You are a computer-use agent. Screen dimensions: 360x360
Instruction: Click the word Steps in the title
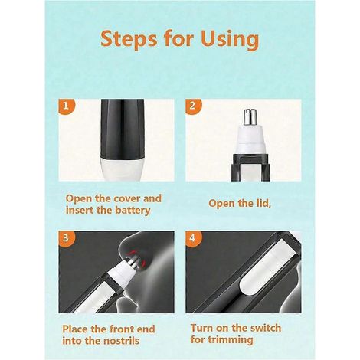coord(129,40)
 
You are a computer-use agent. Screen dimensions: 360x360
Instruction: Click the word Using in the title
coord(230,40)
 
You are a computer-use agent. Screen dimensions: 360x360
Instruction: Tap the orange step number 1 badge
coord(67,106)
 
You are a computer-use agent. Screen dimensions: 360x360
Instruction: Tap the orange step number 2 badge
coord(193,106)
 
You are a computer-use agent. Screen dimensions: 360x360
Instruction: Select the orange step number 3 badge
coord(67,238)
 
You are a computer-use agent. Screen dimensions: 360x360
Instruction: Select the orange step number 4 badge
coord(193,238)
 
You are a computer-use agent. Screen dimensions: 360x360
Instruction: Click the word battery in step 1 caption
coord(133,211)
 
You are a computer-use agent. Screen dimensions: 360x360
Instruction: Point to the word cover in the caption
coord(126,198)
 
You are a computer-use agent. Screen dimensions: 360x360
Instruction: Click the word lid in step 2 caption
coord(263,203)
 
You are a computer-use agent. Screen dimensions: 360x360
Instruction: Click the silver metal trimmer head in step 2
coord(250,117)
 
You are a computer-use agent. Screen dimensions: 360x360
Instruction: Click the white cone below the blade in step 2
coord(250,139)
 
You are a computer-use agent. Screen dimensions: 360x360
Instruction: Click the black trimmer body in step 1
coord(123,129)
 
